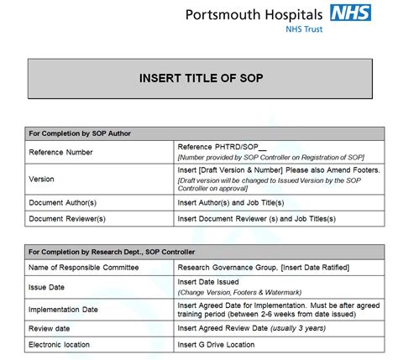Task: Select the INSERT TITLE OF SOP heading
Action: pos(201,78)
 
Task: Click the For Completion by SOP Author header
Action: pos(80,133)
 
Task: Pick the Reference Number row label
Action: pos(60,152)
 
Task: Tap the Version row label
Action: pos(42,179)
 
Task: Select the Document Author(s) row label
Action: pos(64,202)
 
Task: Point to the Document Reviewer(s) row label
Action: pos(67,219)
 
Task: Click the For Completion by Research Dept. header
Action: pos(113,252)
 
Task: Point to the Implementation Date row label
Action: pos(65,310)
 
